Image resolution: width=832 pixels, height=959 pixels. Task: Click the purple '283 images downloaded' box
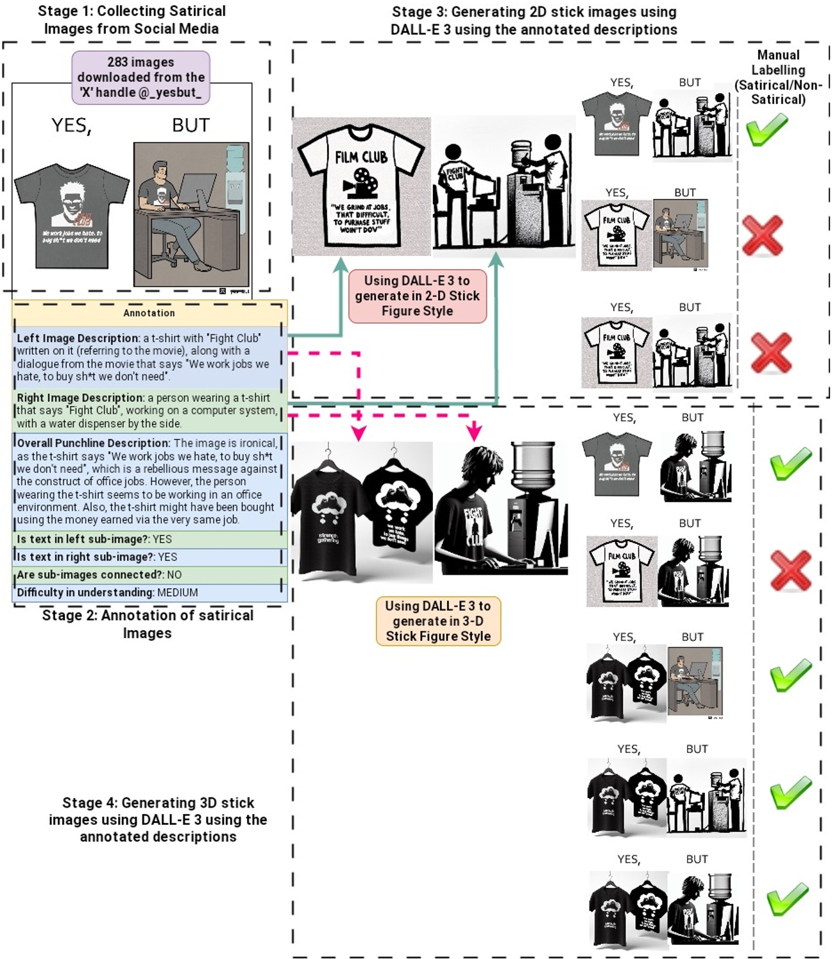tap(140, 78)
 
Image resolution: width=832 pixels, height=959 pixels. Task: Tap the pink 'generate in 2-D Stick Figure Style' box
tap(417, 296)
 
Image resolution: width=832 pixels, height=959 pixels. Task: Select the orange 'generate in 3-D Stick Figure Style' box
tap(438, 621)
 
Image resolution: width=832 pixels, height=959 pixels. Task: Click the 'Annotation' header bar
tap(149, 313)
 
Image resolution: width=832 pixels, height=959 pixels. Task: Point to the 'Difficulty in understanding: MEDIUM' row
tap(149, 593)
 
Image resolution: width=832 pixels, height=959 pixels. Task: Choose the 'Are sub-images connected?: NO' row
tap(149, 575)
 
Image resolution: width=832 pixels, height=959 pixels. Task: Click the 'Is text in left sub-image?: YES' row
tap(149, 539)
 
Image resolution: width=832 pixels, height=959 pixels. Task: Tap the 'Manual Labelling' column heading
tap(778, 77)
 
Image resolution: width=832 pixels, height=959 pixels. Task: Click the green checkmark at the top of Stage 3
tap(767, 130)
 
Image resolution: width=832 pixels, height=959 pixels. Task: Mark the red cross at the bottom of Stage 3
tap(770, 352)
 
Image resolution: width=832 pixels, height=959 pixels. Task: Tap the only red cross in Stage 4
tap(790, 570)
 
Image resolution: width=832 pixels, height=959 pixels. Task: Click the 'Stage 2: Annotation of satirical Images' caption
tap(148, 624)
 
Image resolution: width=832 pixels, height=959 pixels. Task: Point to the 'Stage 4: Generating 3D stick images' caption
tap(158, 820)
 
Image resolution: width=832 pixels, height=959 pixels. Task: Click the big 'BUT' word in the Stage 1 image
tap(191, 126)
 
